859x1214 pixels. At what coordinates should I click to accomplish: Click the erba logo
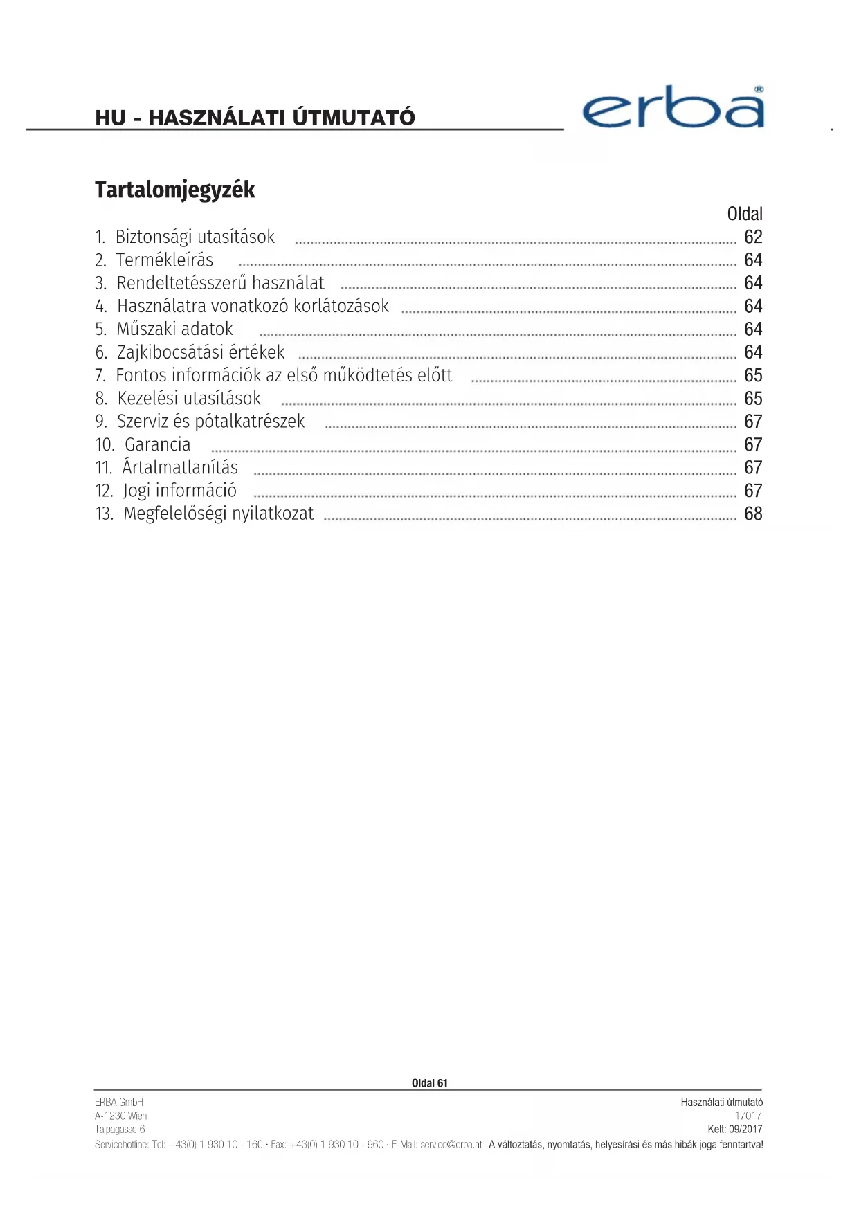click(x=673, y=108)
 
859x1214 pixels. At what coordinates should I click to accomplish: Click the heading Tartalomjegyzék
click(x=174, y=190)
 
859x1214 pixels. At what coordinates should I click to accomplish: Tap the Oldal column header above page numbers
click(x=745, y=214)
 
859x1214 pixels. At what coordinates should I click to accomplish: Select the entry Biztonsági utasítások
click(x=195, y=237)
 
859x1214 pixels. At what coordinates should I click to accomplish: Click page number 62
click(x=753, y=237)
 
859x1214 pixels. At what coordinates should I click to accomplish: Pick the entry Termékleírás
click(x=165, y=260)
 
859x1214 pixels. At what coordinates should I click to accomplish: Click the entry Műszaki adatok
click(x=174, y=329)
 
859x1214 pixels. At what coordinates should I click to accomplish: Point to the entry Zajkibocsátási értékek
click(x=200, y=352)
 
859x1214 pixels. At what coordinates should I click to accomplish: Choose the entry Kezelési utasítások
click(x=188, y=399)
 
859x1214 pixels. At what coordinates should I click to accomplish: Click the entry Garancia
click(x=157, y=444)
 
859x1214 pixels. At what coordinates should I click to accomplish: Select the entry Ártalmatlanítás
click(x=180, y=468)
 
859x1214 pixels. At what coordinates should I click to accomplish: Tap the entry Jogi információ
click(x=179, y=491)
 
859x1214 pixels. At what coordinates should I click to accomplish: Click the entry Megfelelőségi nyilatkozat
click(x=218, y=514)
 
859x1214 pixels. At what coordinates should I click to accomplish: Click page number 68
click(x=753, y=514)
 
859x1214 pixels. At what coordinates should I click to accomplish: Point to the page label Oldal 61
click(x=429, y=1083)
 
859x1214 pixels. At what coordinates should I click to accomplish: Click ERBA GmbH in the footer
click(x=119, y=1102)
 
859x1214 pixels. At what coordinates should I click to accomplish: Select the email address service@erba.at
click(x=451, y=1145)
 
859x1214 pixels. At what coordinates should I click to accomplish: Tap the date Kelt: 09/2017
click(x=734, y=1129)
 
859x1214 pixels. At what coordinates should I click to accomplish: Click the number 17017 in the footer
click(x=748, y=1116)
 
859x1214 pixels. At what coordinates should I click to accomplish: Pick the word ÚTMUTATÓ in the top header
click(x=354, y=118)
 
